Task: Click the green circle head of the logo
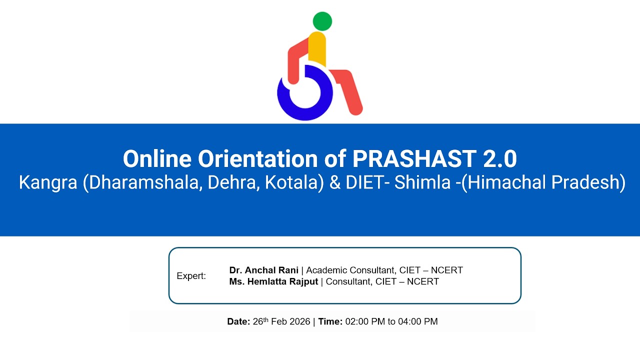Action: click(322, 21)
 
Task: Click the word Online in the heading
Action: click(157, 159)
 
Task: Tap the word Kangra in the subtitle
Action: click(47, 183)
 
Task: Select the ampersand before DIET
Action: click(334, 183)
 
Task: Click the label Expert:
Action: click(191, 276)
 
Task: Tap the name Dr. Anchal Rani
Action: click(263, 270)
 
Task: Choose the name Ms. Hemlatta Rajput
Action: click(273, 281)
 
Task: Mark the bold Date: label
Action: click(238, 322)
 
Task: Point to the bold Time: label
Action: click(330, 322)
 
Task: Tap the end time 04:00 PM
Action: click(417, 322)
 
